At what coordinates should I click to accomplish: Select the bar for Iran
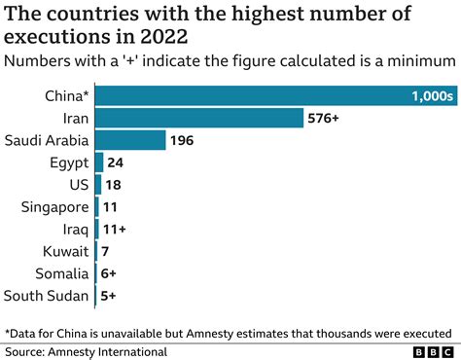(x=199, y=118)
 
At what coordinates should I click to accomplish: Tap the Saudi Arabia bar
(x=130, y=140)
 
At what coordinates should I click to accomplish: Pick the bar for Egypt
(x=99, y=162)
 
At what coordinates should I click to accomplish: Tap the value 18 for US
(x=115, y=185)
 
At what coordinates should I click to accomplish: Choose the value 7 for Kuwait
(x=106, y=252)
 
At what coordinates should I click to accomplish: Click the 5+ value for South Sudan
(x=110, y=297)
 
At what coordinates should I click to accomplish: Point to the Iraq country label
(x=73, y=230)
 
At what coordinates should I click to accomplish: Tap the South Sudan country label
(x=47, y=297)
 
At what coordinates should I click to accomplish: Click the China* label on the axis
(x=64, y=95)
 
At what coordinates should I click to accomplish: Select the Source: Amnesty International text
(x=86, y=351)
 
